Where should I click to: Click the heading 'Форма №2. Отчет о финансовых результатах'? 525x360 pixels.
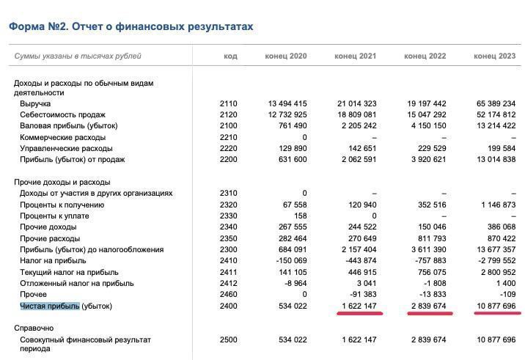click(131, 26)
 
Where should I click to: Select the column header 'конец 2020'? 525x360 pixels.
click(286, 56)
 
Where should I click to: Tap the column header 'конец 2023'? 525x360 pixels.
click(494, 56)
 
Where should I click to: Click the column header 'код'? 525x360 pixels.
click(230, 56)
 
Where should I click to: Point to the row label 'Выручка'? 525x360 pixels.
click(35, 104)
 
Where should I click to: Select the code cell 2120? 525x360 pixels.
click(228, 115)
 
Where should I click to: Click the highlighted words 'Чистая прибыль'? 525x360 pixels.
click(50, 306)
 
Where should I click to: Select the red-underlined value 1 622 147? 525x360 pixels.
click(359, 306)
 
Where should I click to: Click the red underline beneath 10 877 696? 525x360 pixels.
click(497, 313)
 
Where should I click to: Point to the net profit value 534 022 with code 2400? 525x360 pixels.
click(290, 306)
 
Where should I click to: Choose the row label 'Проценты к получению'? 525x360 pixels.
click(62, 205)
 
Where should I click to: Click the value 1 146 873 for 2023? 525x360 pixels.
click(494, 205)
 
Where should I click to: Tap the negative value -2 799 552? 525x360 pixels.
click(493, 260)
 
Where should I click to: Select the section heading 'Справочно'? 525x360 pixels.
click(34, 328)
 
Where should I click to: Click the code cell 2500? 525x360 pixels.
click(228, 340)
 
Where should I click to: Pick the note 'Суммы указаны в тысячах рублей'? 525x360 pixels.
click(78, 56)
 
